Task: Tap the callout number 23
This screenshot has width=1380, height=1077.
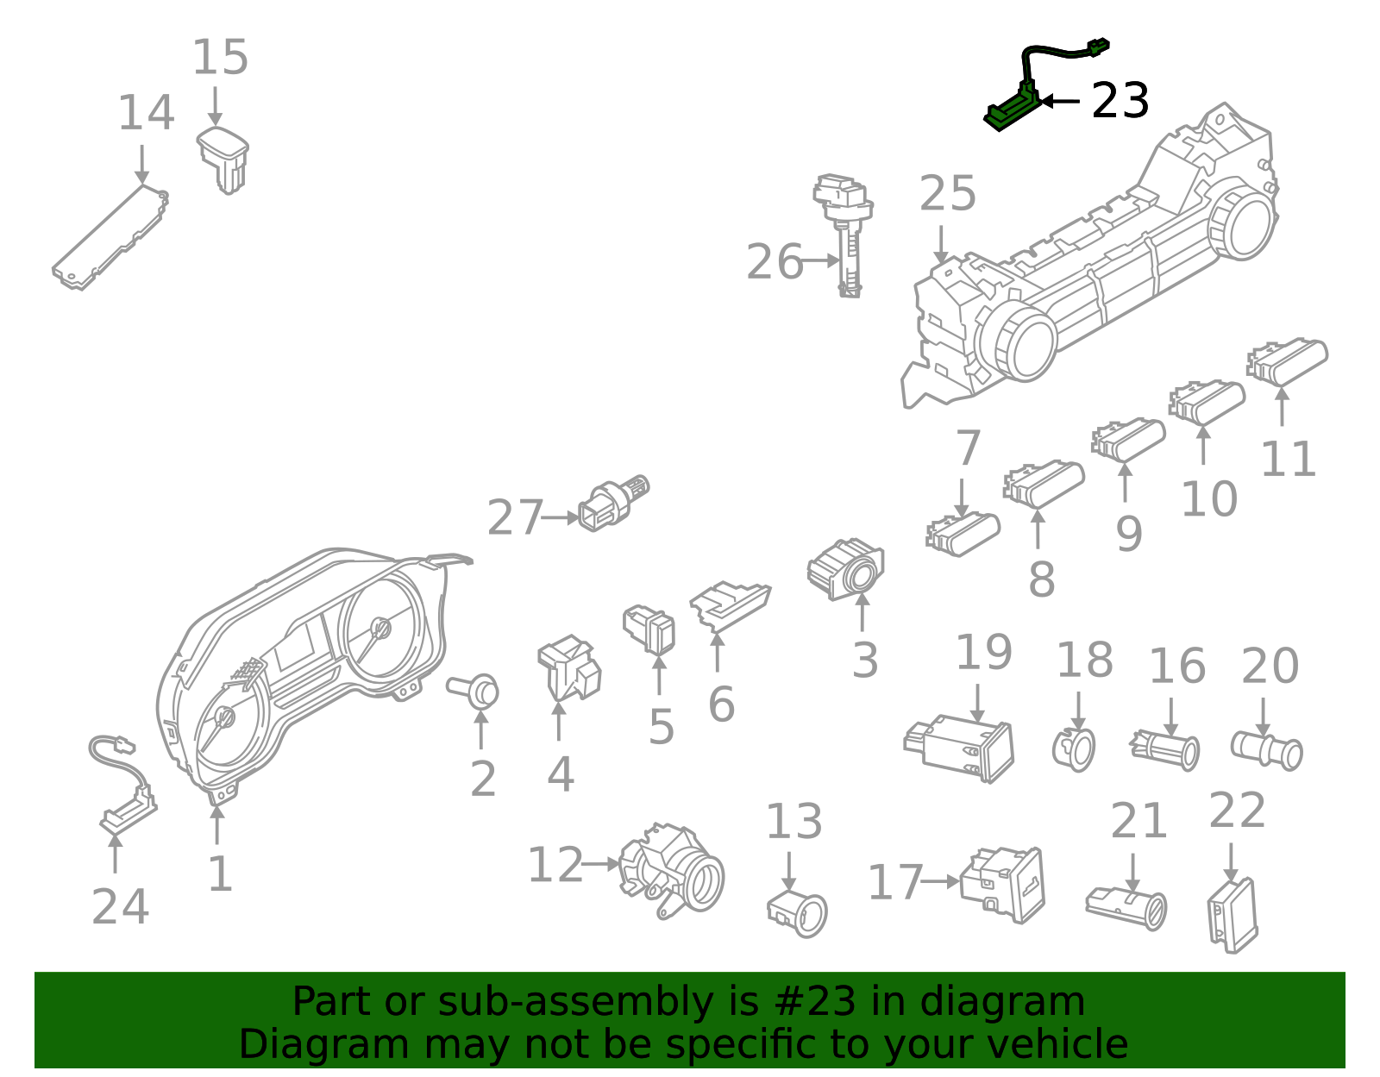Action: point(1120,100)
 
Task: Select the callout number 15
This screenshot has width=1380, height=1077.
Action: point(220,57)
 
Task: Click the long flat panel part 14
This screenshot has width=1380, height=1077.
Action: point(111,237)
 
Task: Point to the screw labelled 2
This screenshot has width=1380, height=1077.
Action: point(474,692)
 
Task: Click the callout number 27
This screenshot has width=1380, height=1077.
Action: point(515,517)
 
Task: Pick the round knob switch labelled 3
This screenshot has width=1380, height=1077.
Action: point(845,568)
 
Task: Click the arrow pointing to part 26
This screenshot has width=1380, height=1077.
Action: point(820,260)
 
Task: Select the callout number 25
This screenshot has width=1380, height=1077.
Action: point(948,193)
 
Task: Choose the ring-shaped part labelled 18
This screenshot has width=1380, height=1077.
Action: point(1074,749)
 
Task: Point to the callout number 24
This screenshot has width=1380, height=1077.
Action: point(120,905)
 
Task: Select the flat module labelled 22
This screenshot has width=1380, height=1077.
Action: point(1233,915)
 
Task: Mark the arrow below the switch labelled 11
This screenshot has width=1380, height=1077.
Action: point(1283,405)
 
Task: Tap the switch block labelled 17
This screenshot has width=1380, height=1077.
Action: point(1002,884)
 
